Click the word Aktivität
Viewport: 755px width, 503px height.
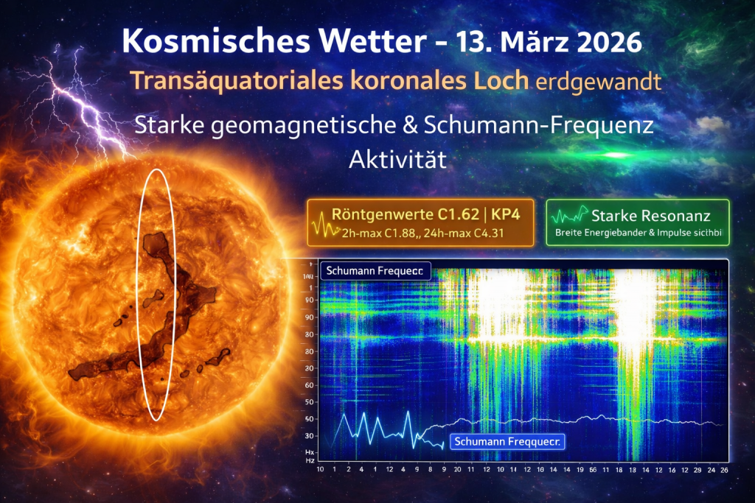398,160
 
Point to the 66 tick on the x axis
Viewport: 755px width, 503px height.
591,469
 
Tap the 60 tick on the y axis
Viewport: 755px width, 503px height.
310,385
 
